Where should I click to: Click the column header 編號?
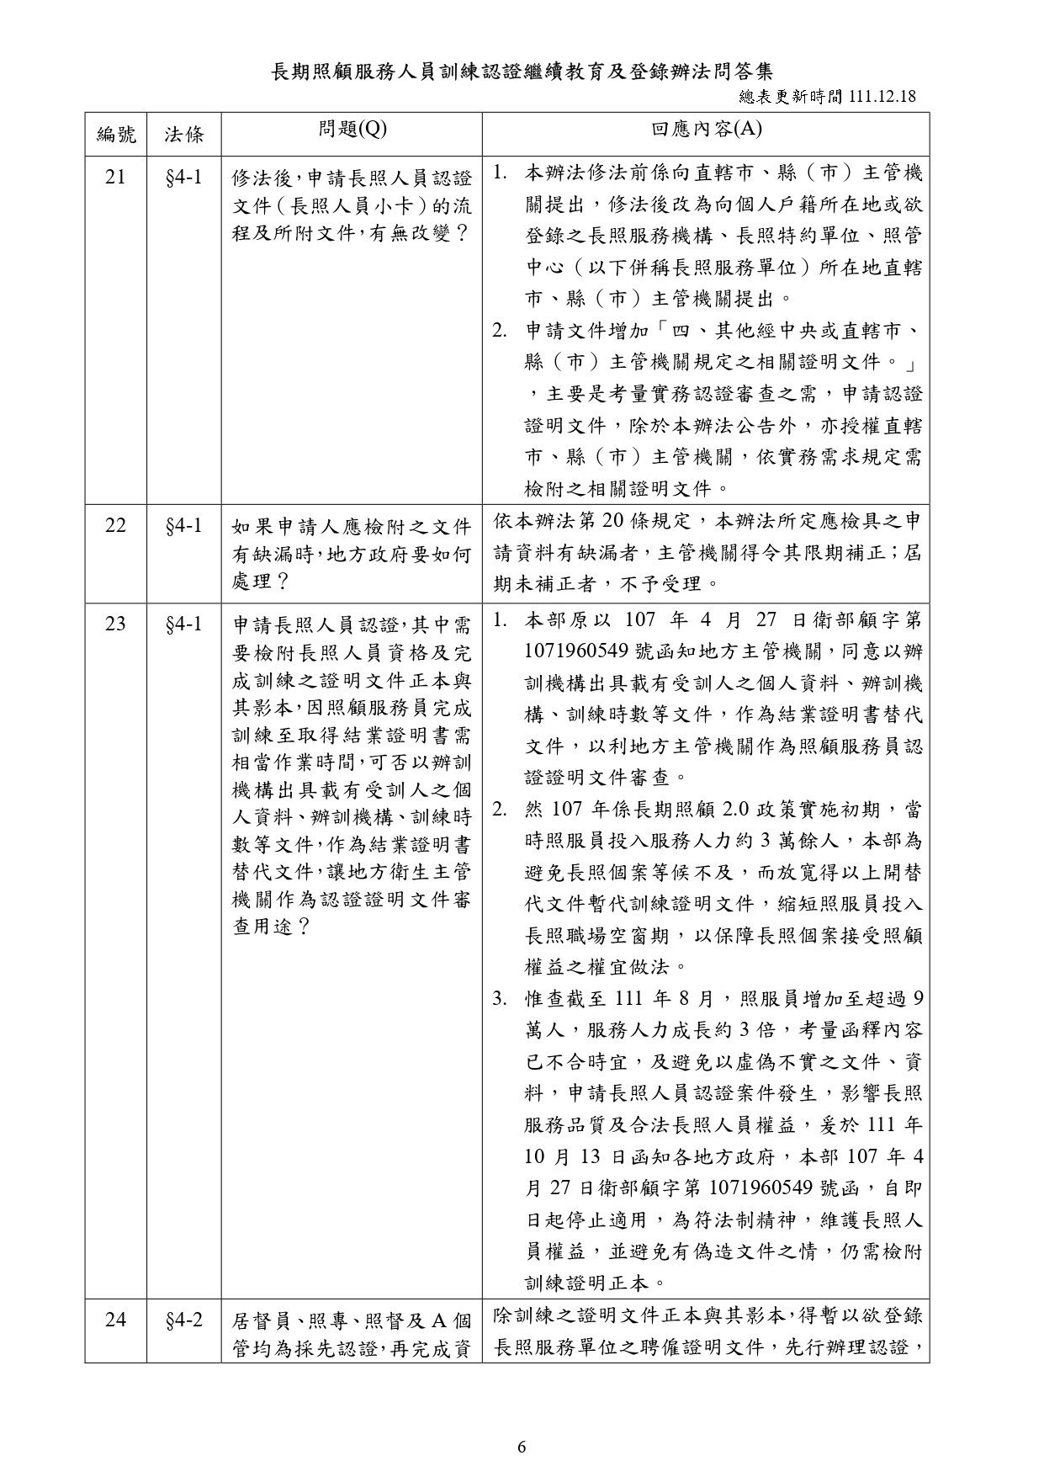pyautogui.click(x=115, y=134)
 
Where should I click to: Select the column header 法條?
pyautogui.click(x=183, y=134)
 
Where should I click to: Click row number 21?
pyautogui.click(x=115, y=177)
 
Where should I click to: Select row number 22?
pyautogui.click(x=115, y=526)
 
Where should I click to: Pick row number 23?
pyautogui.click(x=115, y=624)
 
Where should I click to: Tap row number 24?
pyautogui.click(x=115, y=1320)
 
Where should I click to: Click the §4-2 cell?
pyautogui.click(x=183, y=1320)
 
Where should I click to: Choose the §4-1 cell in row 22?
pyautogui.click(x=183, y=526)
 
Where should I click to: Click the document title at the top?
pyautogui.click(x=522, y=71)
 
